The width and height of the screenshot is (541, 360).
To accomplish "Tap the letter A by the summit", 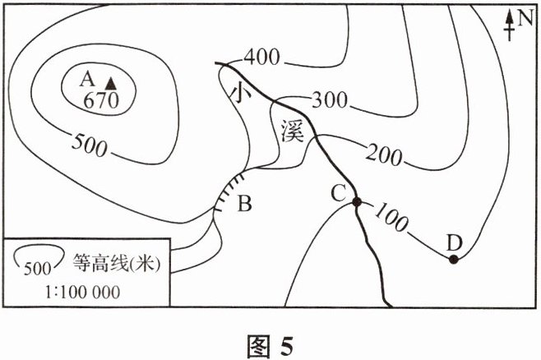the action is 86,80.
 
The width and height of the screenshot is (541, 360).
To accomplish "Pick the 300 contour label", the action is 329,100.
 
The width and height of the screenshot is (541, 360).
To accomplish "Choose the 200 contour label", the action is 384,153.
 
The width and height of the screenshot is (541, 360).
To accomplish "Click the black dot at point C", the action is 357,202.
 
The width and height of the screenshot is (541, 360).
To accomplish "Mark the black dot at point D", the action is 453,260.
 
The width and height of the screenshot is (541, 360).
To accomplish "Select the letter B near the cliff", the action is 243,203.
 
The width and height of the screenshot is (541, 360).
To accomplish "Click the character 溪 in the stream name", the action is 292,130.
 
